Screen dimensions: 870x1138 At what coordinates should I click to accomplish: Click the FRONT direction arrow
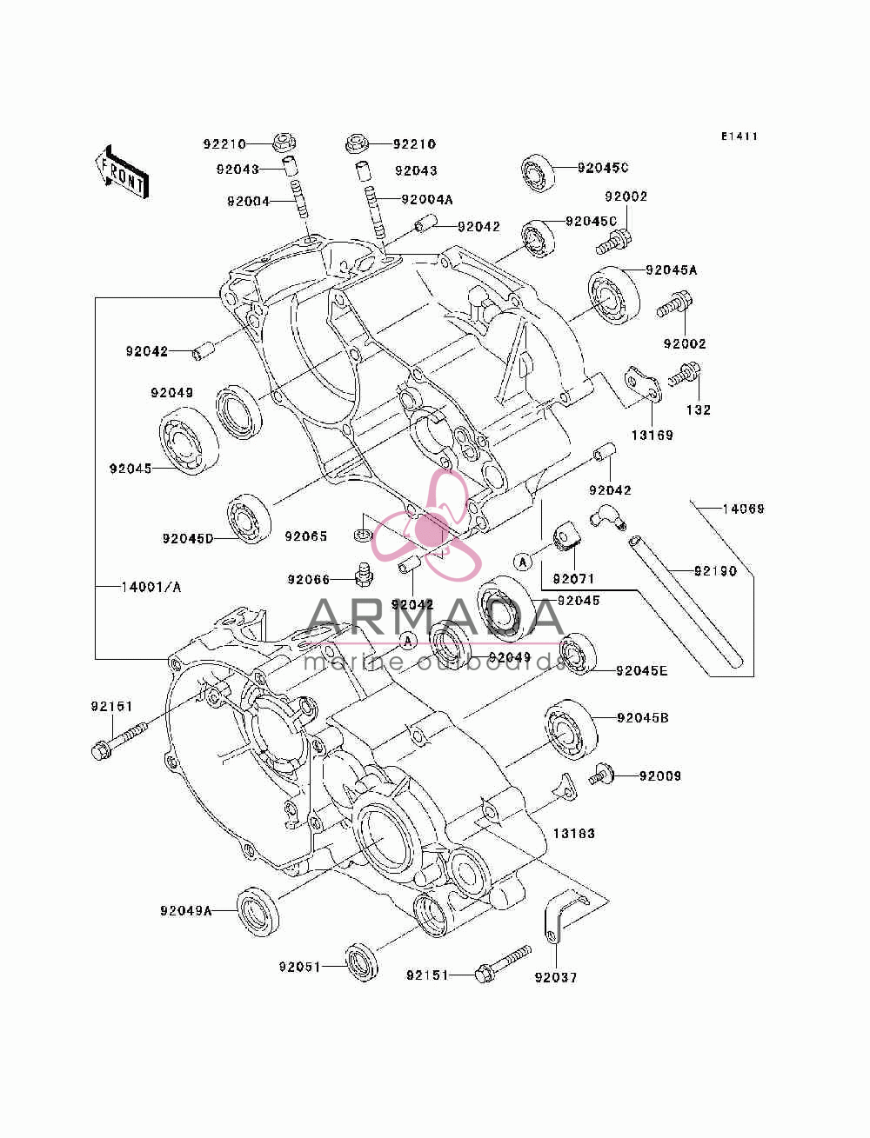[122, 171]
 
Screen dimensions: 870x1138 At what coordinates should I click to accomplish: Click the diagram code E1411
[739, 136]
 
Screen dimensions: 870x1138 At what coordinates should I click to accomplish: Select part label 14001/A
[151, 587]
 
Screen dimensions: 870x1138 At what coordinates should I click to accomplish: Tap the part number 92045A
[672, 270]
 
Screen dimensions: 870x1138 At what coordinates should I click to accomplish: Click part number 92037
[556, 977]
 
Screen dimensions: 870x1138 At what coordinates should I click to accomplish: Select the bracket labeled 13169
[643, 385]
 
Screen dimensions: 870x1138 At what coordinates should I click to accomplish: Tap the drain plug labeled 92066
[365, 575]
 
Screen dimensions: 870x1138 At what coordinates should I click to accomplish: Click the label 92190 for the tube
[715, 571]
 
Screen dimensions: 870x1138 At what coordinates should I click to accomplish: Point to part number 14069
[744, 509]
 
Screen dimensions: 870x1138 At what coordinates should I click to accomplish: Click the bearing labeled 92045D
[249, 519]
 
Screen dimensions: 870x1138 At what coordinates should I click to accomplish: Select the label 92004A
[427, 200]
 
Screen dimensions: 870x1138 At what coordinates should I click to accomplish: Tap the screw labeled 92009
[602, 776]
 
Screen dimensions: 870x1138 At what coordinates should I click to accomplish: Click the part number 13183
[574, 833]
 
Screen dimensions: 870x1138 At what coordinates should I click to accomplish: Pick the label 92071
[573, 579]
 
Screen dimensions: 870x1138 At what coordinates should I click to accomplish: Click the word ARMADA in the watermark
[435, 618]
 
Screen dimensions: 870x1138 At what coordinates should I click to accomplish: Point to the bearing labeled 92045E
[578, 655]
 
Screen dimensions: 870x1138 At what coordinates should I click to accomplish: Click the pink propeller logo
[426, 526]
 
